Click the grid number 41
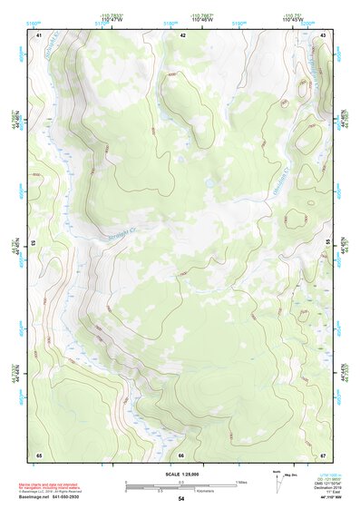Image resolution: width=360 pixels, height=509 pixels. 39,34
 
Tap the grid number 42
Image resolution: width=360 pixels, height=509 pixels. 182,34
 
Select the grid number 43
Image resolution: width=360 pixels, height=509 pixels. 324,34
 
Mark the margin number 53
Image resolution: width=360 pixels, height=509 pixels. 33,244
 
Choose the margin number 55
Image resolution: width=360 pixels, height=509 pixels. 329,244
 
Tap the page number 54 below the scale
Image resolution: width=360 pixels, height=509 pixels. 181,499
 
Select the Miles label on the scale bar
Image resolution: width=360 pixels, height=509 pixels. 242,481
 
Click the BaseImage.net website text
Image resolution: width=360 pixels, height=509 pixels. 48,494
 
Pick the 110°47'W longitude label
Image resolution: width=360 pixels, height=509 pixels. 112,20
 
